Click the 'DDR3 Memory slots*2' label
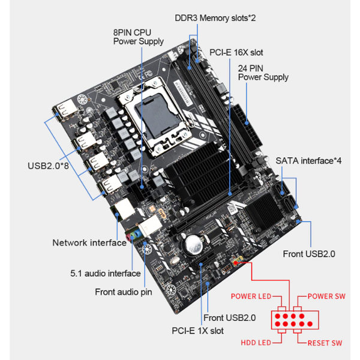tap(215, 18)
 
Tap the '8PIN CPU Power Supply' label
tap(138, 37)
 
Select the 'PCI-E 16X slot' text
tap(236, 53)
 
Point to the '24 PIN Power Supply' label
tap(263, 73)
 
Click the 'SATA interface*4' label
tap(308, 161)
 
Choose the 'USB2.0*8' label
tap(48, 166)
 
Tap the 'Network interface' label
tap(89, 242)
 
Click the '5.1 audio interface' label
tap(106, 274)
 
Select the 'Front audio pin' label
tap(124, 292)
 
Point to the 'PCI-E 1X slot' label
tap(197, 331)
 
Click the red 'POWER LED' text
tap(251, 296)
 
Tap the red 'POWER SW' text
tap(326, 296)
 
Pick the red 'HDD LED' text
tap(256, 343)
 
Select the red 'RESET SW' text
tap(325, 343)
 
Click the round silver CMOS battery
tap(194, 245)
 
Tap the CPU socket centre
tap(155, 116)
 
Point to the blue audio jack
tap(138, 234)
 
